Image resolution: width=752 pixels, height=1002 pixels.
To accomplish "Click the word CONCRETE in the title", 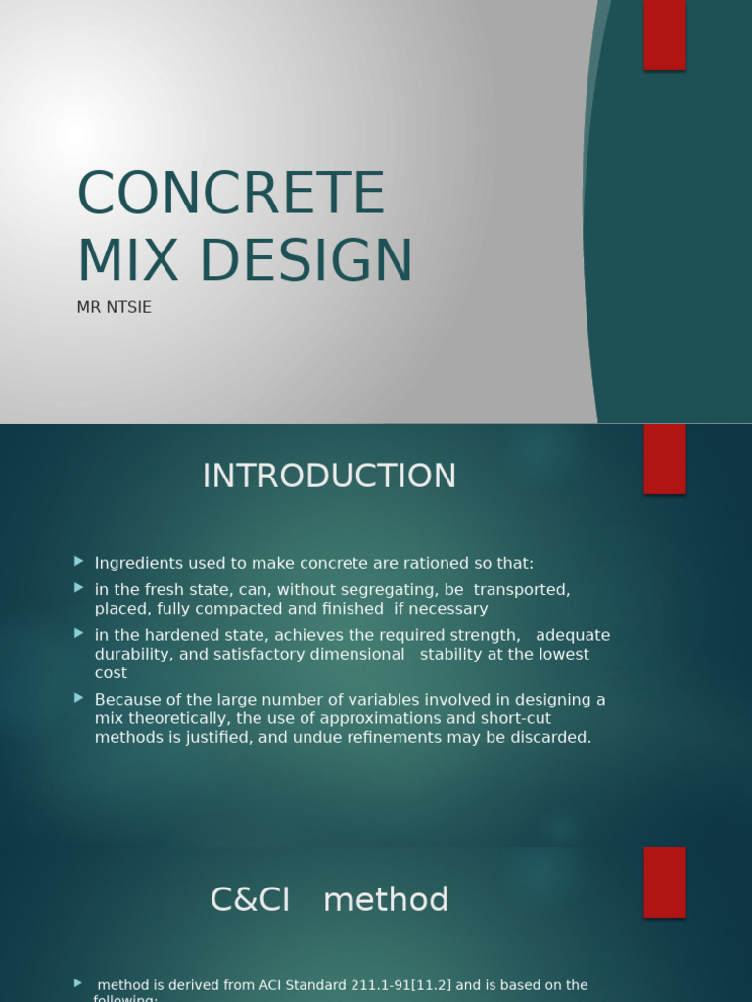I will [231, 194].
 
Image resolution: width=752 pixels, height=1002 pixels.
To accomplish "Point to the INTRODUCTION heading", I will [329, 477].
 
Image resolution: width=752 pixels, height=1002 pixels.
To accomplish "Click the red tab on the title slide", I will [665, 35].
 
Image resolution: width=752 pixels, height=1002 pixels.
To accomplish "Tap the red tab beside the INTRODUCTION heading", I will [665, 459].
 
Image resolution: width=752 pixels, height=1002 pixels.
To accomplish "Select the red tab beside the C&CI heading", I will [665, 882].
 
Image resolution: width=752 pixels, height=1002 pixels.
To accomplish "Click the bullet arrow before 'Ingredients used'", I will [79, 561].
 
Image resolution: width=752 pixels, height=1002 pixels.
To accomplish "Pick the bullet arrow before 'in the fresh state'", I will [79, 587].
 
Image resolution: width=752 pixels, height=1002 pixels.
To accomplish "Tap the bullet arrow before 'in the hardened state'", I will [79, 633].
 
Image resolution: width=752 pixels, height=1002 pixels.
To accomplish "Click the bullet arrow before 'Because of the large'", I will [79, 698].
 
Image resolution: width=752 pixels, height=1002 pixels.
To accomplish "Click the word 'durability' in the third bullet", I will [130, 655].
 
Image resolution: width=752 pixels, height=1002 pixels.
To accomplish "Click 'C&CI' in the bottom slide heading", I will [251, 900].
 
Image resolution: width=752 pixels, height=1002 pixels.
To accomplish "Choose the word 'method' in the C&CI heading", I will [386, 900].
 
